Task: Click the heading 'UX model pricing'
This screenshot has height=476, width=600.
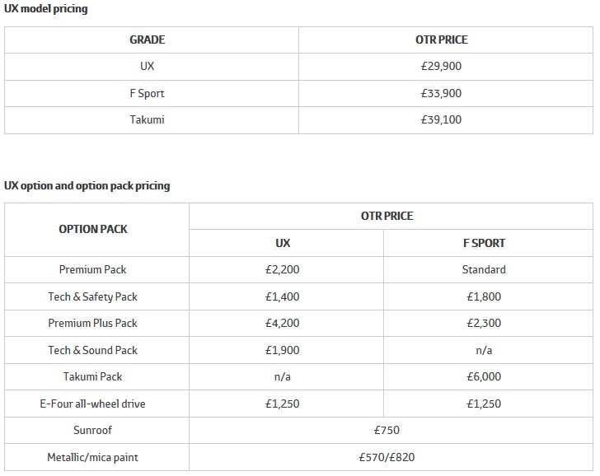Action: point(46,9)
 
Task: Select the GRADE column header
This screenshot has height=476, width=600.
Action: point(148,40)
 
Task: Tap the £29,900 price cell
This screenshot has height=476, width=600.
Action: point(441,66)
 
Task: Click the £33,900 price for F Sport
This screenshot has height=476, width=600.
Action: point(441,93)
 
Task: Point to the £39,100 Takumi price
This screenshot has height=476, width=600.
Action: point(441,119)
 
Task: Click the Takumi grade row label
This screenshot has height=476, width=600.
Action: point(148,119)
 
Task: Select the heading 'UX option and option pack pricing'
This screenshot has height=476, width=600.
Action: point(87,185)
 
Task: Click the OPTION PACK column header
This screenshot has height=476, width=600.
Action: point(93,229)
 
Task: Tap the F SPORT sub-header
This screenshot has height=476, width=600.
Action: point(484,243)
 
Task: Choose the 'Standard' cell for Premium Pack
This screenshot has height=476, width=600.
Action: point(484,269)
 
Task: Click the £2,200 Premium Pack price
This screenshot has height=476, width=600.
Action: point(283,269)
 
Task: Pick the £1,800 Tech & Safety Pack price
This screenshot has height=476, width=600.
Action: point(484,296)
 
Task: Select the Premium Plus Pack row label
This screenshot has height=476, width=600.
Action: point(93,323)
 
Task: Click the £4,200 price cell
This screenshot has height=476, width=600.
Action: point(283,323)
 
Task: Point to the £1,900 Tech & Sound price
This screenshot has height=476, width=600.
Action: point(283,350)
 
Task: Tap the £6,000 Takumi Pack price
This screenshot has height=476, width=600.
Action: point(484,376)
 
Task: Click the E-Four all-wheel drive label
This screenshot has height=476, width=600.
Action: point(93,404)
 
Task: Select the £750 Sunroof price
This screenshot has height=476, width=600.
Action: point(387,430)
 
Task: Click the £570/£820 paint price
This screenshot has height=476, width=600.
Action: point(387,457)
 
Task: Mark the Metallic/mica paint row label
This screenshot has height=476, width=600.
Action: point(93,457)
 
